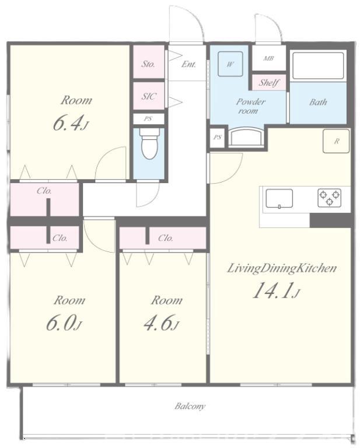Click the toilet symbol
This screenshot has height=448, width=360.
coord(149,143)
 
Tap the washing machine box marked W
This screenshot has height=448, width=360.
coord(230,64)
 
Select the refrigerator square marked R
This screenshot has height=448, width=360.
coord(336,141)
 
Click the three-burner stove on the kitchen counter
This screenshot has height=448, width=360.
coord(330,198)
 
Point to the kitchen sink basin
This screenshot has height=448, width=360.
coord(279,198)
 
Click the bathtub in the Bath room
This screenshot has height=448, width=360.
coord(318,65)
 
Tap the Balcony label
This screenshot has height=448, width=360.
coord(190,406)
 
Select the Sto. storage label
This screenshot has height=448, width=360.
coord(148,64)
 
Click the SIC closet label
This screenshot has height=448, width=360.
coord(149,96)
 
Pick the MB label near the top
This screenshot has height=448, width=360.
coord(268,58)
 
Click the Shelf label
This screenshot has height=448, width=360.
coord(269,83)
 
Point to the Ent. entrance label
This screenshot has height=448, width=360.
coord(189,64)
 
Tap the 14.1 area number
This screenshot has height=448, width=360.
coord(273,290)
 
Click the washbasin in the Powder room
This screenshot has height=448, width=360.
coord(247,137)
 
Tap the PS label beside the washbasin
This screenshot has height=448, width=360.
coord(218,138)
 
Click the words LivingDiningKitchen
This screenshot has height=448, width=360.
coord(282,268)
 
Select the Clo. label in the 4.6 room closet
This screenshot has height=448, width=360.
coord(166,238)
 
